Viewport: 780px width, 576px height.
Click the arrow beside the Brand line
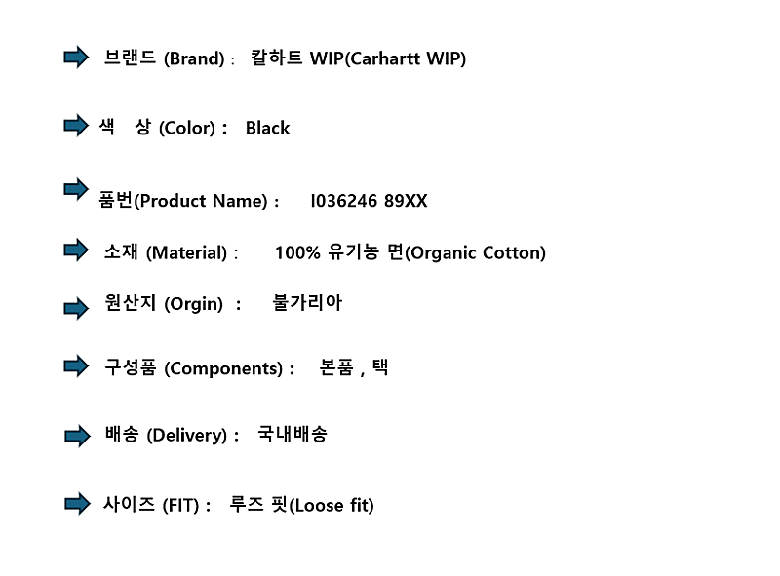click(76, 58)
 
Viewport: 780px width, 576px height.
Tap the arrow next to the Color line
click(76, 126)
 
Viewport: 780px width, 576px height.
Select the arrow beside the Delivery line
click(77, 437)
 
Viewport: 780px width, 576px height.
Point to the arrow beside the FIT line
click(77, 504)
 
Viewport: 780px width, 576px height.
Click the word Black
click(267, 128)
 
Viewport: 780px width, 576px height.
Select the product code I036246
click(344, 201)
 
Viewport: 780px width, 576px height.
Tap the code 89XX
click(406, 201)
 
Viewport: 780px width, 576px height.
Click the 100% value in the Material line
click(297, 252)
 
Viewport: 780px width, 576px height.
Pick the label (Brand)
click(194, 59)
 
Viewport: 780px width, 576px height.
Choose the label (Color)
click(187, 129)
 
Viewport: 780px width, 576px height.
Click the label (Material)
click(186, 253)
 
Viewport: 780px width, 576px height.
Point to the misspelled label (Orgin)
click(193, 304)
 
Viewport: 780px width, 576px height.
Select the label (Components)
click(223, 369)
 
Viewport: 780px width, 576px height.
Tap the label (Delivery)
click(187, 436)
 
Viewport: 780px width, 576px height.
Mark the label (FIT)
click(180, 506)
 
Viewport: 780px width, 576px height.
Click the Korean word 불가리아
click(307, 302)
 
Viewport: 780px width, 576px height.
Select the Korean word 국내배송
click(292, 434)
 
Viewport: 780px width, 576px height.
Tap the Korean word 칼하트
click(277, 58)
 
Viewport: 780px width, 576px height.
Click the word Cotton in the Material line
click(515, 253)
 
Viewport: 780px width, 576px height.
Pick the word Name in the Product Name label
click(240, 201)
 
